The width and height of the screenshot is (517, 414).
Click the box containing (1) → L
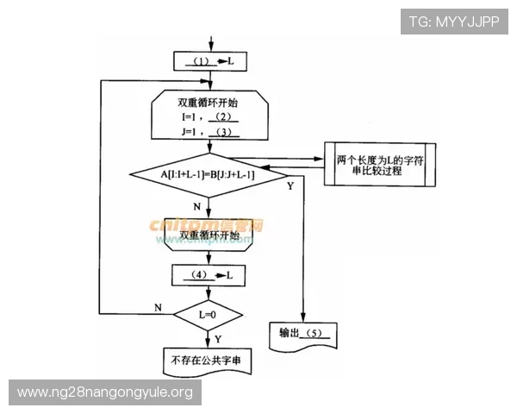210,62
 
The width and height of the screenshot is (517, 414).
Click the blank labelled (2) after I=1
222,116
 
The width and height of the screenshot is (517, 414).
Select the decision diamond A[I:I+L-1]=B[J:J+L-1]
210,173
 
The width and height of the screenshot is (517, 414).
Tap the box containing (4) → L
210,275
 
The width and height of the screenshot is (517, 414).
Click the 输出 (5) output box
302,334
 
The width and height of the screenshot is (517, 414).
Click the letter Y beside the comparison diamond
290,186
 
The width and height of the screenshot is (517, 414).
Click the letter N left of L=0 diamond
158,307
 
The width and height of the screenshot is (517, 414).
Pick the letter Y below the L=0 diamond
216,338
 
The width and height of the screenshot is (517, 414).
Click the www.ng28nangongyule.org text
105,392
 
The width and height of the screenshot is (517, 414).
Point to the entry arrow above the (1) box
210,43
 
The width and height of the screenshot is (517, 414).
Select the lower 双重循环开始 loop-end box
209,235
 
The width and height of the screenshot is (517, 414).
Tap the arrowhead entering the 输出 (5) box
303,318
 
